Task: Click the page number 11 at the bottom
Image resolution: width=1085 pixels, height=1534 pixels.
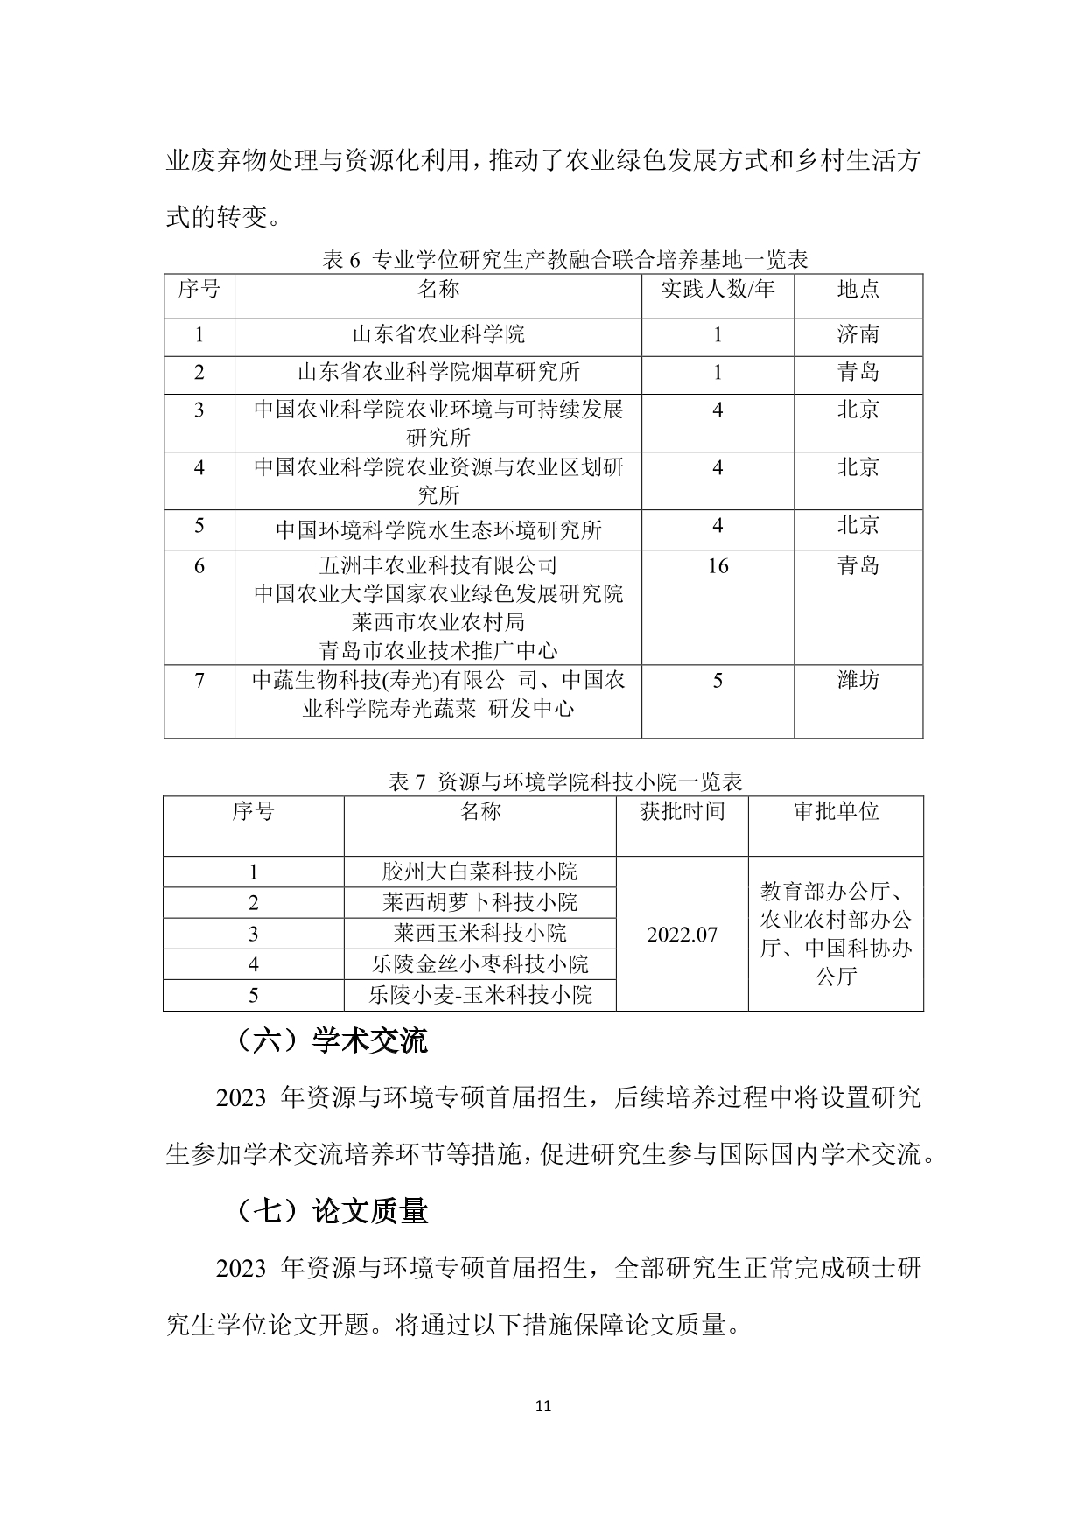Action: (x=542, y=1406)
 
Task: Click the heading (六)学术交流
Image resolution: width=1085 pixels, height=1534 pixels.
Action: (x=332, y=1040)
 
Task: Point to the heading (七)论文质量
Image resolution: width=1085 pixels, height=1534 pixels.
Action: (x=332, y=1211)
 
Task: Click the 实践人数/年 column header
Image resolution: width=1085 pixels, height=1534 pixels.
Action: (x=717, y=289)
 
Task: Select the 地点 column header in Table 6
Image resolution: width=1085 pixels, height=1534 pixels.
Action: (x=857, y=289)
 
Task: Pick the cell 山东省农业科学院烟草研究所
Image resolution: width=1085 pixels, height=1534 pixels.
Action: (x=438, y=372)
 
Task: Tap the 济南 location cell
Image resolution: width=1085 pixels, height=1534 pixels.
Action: (x=857, y=334)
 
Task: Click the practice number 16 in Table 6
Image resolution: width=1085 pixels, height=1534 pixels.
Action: (x=717, y=566)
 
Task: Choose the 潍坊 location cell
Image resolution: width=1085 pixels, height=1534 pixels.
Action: (x=857, y=680)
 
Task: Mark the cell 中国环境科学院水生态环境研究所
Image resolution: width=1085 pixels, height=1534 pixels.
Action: (x=438, y=529)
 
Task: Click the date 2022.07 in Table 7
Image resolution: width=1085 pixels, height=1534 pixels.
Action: (x=682, y=935)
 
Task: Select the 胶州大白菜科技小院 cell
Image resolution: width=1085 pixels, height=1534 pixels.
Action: (x=479, y=872)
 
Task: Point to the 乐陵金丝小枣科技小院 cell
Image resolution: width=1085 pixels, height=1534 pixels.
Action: (x=479, y=964)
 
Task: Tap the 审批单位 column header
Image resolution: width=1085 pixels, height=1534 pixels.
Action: (x=836, y=811)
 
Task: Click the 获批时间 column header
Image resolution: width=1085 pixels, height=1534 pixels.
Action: (x=682, y=811)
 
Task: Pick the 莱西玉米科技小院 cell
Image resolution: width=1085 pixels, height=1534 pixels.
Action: (x=479, y=933)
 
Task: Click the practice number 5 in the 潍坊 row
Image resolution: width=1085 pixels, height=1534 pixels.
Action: (x=717, y=680)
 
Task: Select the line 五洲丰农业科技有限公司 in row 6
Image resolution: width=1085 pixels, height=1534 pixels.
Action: (x=438, y=565)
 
